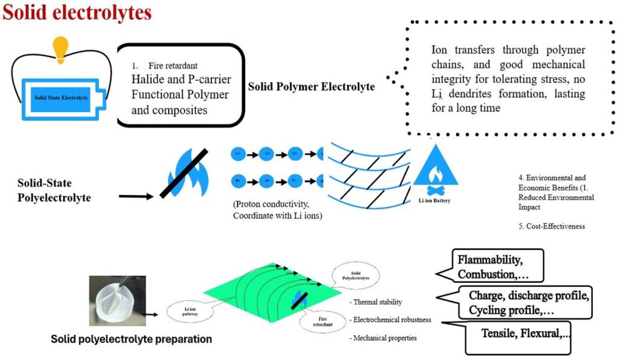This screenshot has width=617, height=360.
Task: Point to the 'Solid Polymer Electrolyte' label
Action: point(311,87)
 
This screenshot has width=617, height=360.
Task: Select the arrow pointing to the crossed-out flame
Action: point(136,195)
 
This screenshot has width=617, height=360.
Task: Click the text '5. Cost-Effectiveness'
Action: point(551,227)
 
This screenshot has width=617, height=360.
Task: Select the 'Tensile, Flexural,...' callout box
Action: point(522,333)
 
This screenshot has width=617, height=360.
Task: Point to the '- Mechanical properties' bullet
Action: point(383,338)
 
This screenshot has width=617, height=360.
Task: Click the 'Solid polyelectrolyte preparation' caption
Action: point(131,339)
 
